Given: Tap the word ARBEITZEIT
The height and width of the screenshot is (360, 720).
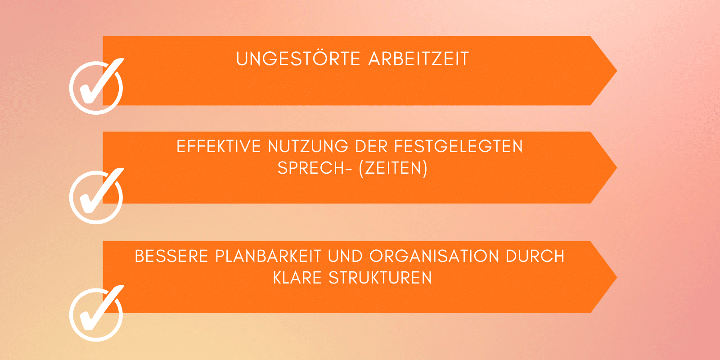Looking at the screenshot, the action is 418,59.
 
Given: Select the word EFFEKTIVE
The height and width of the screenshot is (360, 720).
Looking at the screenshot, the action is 219,146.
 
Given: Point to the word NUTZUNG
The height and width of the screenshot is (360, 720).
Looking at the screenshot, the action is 308,146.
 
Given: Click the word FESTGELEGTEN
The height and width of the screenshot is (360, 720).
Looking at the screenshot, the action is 459,146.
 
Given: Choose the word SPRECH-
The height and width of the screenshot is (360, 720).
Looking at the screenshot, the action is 315,168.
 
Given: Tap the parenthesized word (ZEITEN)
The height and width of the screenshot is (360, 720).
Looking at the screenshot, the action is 393,168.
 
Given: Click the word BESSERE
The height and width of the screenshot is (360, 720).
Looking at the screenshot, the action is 171,256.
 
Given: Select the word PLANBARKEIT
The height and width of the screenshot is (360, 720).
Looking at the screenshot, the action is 268,256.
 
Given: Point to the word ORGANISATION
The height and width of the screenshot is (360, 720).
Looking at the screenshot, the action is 434,256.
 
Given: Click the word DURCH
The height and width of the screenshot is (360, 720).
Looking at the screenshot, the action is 535,256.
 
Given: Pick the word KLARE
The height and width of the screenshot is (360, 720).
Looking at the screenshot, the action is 297,278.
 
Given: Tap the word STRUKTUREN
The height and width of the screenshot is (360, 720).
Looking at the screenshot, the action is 380,278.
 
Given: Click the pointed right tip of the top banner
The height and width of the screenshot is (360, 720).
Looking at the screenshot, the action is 616,71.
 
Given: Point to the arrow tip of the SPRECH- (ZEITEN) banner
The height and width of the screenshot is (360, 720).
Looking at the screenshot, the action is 616,167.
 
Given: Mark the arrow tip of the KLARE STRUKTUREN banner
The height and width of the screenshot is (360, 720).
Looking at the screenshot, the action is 616,277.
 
